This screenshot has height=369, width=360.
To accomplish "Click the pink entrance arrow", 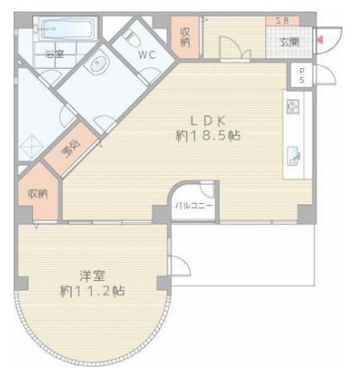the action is (320, 40).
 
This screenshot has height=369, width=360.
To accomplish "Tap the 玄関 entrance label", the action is (289, 42).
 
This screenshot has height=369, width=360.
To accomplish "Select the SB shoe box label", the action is (282, 21).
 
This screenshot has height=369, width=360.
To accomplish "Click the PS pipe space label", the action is (301, 75).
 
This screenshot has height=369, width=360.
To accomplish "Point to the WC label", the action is (147, 55).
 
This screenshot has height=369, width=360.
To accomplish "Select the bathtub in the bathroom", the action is (67, 29).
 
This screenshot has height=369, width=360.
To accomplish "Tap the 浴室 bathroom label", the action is (55, 55).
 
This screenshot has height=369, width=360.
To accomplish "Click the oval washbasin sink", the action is (99, 63).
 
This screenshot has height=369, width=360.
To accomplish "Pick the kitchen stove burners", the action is (293, 107).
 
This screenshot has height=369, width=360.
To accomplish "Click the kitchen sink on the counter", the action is (293, 156).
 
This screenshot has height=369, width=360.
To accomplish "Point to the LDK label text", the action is (208, 121).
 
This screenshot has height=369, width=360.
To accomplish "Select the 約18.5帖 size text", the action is (208, 136).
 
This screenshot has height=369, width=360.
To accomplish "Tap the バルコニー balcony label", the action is (193, 205).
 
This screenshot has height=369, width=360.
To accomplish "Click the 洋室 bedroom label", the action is (92, 276).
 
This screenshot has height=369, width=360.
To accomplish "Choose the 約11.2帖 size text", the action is (92, 290).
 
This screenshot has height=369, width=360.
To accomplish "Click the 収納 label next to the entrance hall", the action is (185, 37).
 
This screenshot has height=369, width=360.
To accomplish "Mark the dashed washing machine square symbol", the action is (32, 146).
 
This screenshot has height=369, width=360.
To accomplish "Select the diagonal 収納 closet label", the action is (71, 148).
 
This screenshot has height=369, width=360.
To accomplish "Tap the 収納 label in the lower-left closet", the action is (38, 194).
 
